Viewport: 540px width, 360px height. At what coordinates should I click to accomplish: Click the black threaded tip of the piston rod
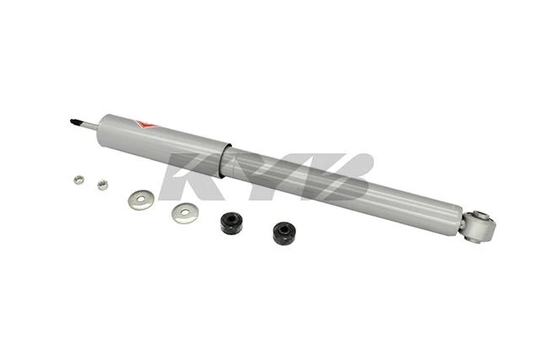pyautogui.click(x=77, y=122)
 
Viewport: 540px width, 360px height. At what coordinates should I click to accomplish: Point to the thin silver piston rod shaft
pyautogui.click(x=90, y=126)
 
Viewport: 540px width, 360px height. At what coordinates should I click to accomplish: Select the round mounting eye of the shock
pyautogui.click(x=479, y=226)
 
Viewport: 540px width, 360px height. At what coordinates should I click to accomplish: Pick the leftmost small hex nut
pyautogui.click(x=78, y=180)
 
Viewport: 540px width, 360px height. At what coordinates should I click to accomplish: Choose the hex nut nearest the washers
pyautogui.click(x=102, y=185)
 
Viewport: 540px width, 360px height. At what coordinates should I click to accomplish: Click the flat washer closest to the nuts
pyautogui.click(x=141, y=199)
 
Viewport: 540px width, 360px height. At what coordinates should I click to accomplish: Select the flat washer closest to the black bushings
pyautogui.click(x=185, y=213)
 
